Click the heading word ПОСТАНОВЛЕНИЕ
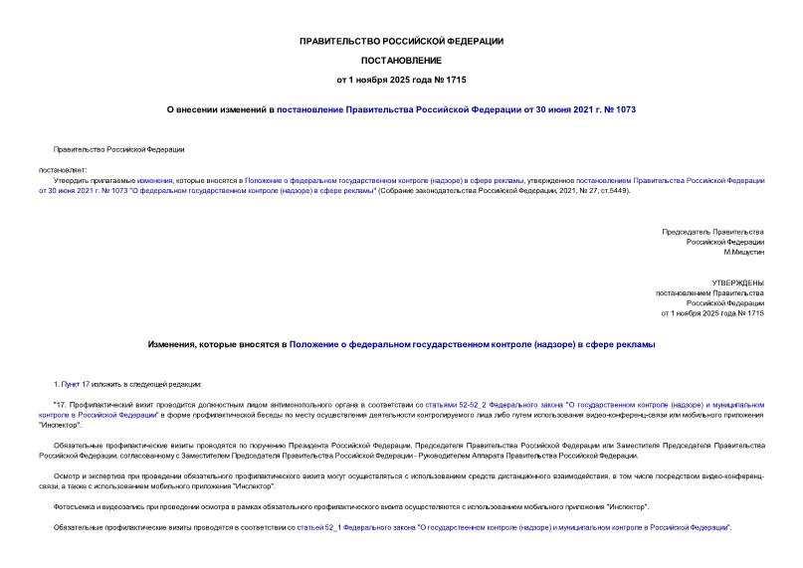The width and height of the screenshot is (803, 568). click(x=401, y=60)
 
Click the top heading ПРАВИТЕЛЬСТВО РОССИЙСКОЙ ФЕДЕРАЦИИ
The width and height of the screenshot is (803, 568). click(x=401, y=41)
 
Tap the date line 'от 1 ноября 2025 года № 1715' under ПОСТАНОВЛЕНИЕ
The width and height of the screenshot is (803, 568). click(x=401, y=79)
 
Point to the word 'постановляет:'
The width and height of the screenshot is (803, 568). click(x=63, y=169)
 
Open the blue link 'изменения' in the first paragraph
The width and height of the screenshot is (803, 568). click(x=155, y=180)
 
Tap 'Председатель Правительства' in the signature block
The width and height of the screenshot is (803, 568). click(x=713, y=232)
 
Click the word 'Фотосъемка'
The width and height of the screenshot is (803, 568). click(x=75, y=506)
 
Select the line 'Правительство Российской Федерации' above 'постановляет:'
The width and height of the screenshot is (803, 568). click(x=118, y=149)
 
